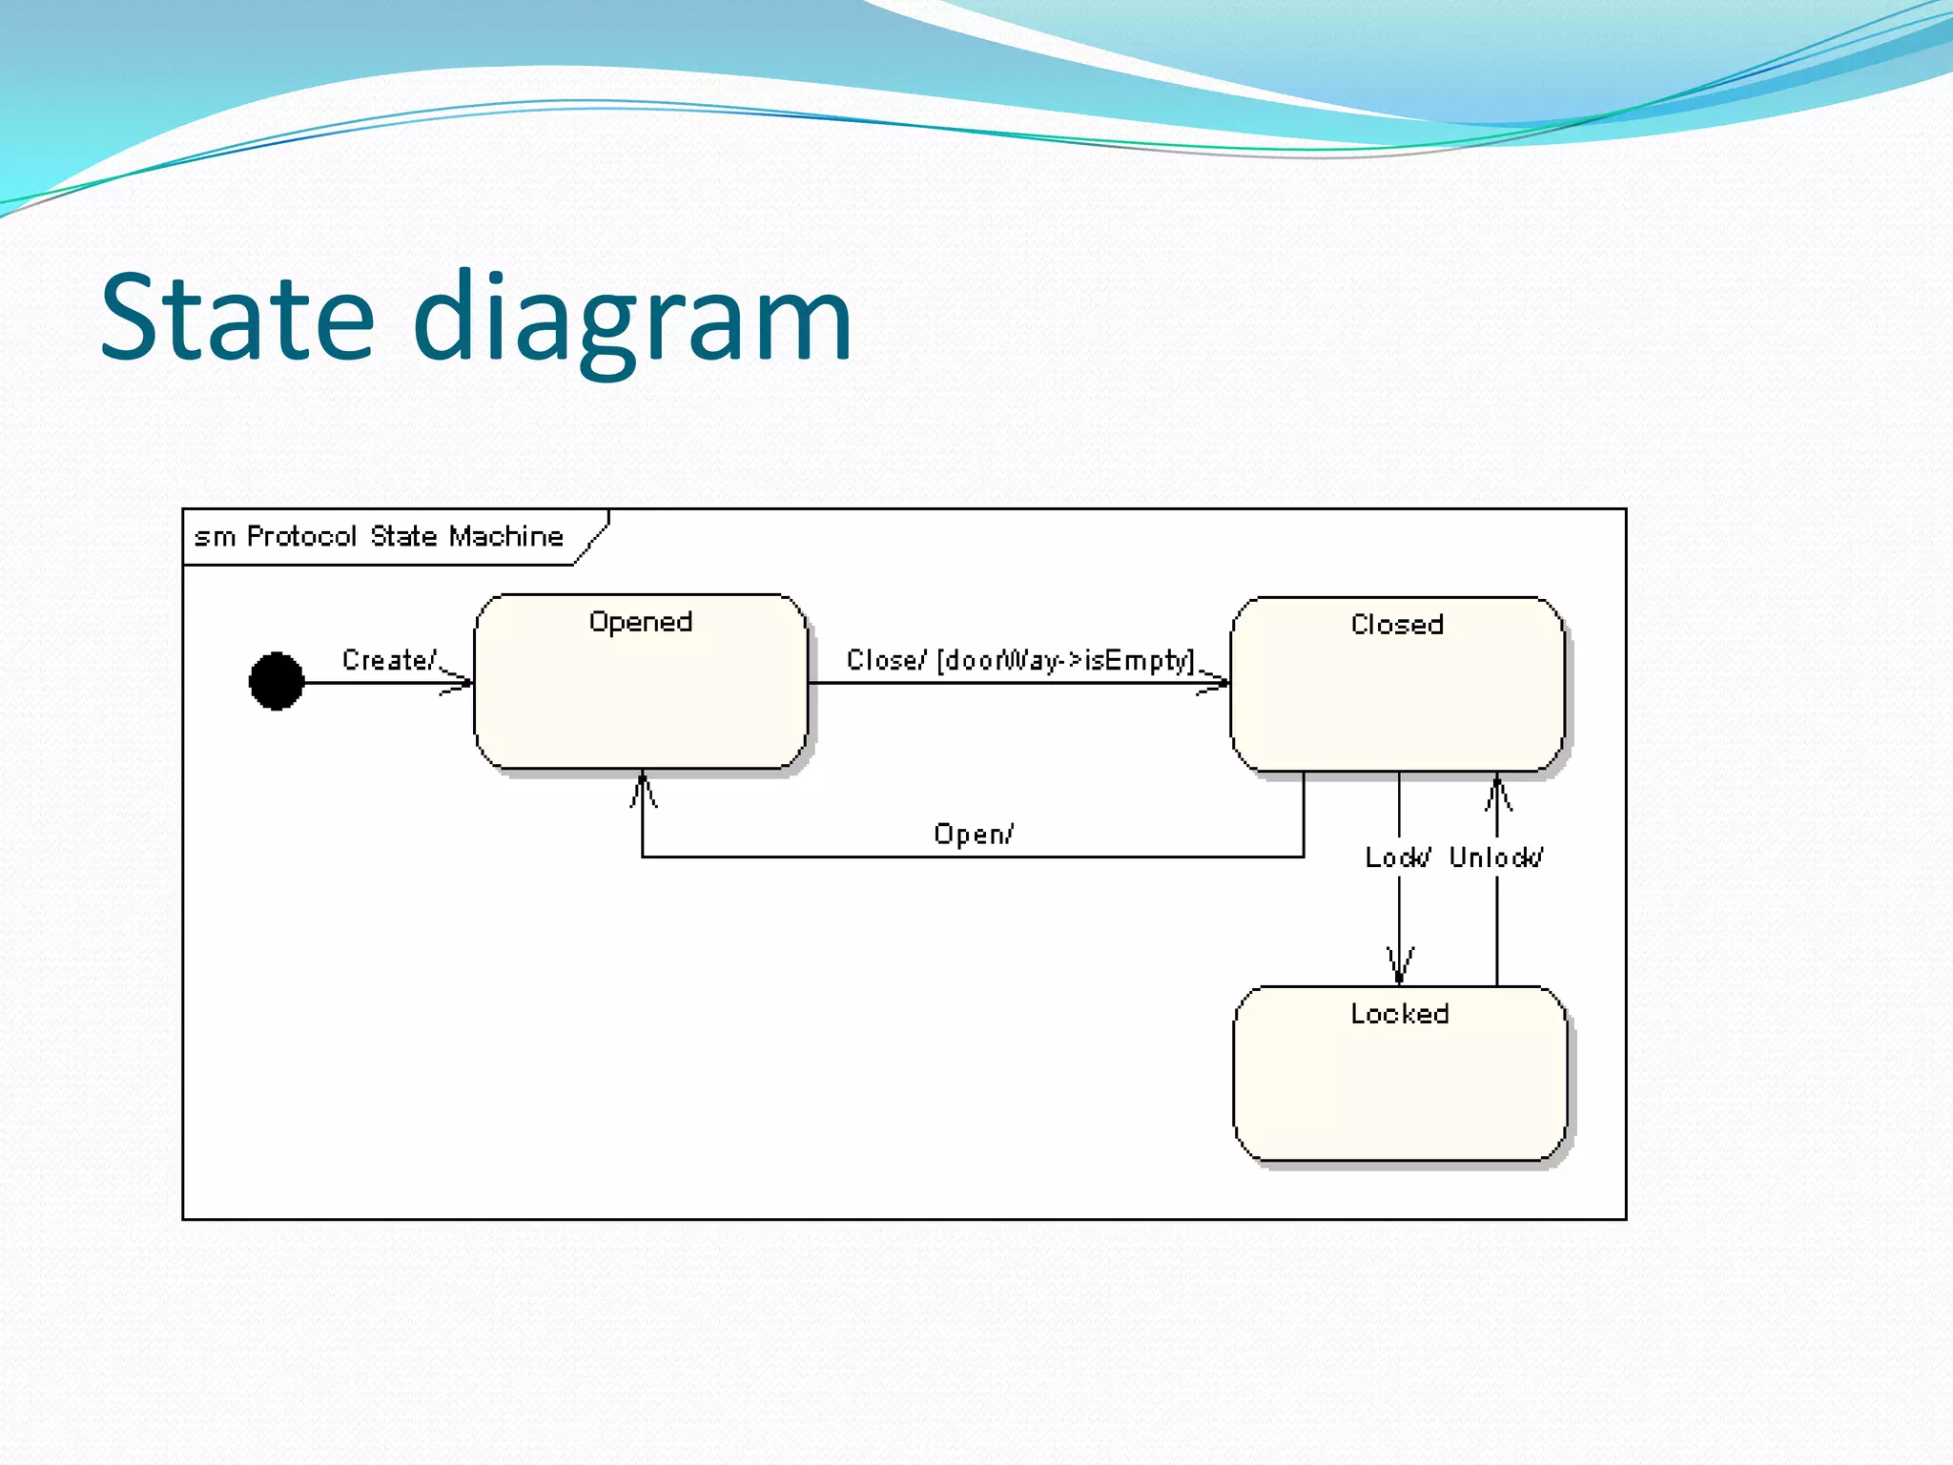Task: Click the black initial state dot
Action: point(277,681)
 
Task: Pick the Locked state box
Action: point(1399,1087)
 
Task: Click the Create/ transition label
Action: point(388,659)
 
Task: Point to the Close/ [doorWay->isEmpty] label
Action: point(1019,660)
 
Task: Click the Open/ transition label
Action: point(974,834)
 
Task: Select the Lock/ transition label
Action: point(1396,856)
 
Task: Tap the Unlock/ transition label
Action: point(1495,856)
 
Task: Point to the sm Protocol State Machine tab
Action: point(380,536)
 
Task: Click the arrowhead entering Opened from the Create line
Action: point(461,682)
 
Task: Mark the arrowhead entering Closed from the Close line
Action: point(1217,682)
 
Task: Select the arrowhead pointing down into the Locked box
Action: point(1399,966)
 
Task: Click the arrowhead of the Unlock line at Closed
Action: point(1497,792)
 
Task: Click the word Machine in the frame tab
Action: point(506,536)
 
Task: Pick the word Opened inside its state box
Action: point(641,622)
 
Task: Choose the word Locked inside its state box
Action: point(1399,1013)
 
